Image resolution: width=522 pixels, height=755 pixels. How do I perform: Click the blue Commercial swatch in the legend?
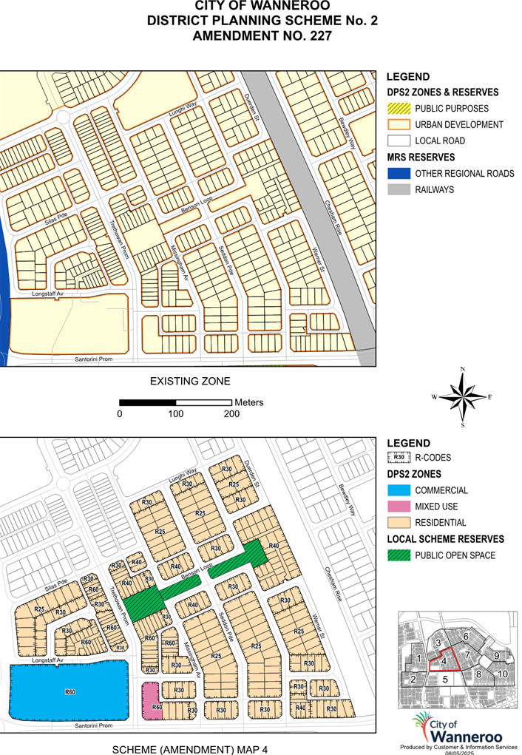tap(397, 490)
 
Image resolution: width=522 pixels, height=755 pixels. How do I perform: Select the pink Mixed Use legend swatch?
tap(397, 507)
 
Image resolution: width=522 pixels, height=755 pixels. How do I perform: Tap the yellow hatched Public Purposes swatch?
tap(397, 109)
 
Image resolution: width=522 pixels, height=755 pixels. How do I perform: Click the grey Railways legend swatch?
tap(397, 190)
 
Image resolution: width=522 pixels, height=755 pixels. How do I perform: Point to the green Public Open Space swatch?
tap(397, 555)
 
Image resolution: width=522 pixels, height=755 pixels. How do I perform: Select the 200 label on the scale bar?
tap(231, 414)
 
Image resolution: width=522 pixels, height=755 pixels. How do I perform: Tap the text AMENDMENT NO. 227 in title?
tap(262, 35)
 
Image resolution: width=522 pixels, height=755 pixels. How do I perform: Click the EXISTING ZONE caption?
tap(190, 382)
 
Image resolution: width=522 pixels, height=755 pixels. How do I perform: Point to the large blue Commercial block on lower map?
tap(70, 692)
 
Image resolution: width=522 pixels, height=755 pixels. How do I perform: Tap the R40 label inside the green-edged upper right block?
tap(274, 546)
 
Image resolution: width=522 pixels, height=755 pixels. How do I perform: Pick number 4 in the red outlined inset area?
tap(444, 661)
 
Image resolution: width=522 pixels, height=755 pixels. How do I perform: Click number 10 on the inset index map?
tap(502, 674)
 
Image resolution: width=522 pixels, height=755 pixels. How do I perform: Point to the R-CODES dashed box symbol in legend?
tap(397, 458)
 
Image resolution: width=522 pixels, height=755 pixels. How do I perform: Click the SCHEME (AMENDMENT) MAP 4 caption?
tap(189, 749)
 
